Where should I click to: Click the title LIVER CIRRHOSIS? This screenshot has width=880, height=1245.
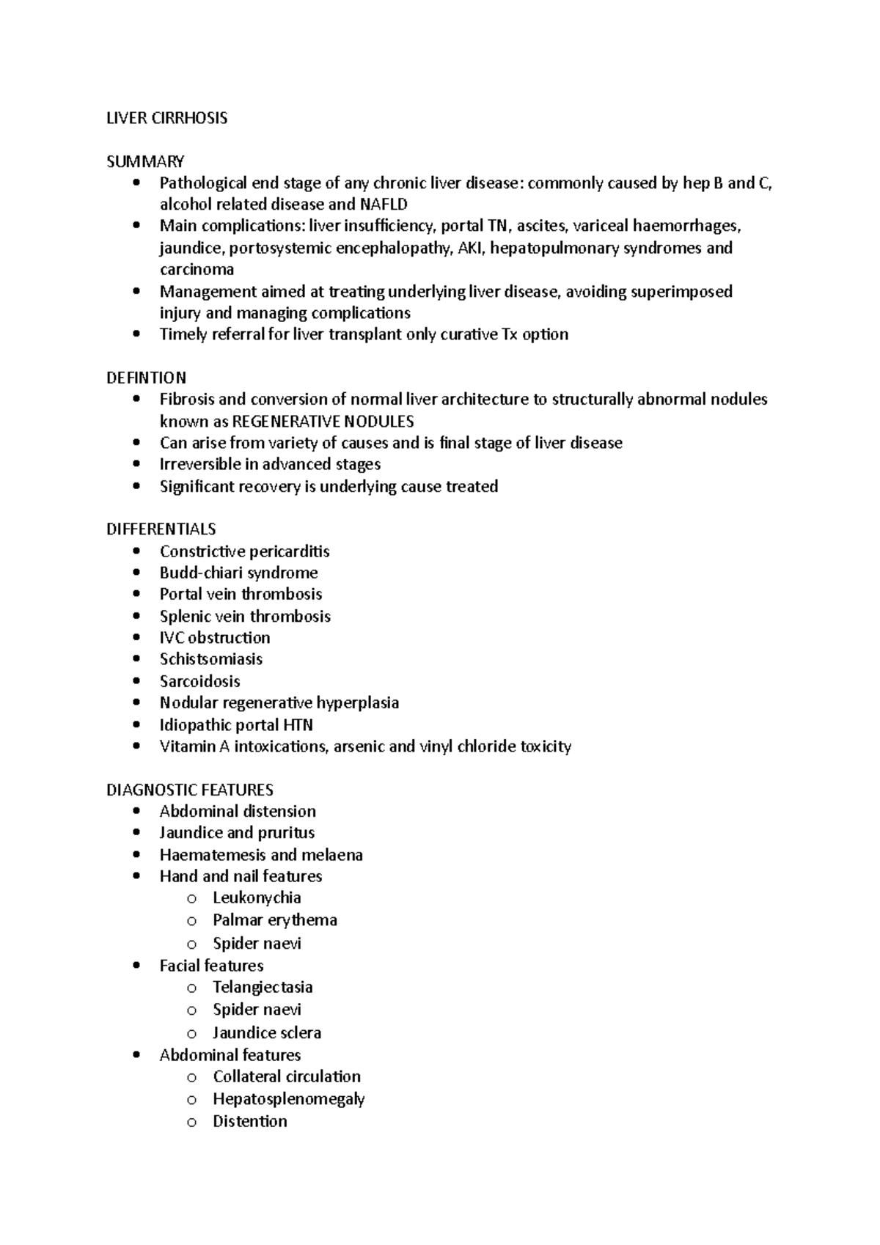(166, 118)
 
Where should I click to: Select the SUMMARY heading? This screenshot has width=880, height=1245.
(145, 161)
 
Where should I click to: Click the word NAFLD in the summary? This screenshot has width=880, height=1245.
(384, 205)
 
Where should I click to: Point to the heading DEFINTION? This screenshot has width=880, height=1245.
(146, 378)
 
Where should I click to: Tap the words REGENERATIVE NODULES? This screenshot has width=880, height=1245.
(323, 422)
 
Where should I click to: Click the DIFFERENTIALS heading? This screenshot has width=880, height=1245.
(161, 529)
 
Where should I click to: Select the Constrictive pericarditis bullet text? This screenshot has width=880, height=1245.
(244, 551)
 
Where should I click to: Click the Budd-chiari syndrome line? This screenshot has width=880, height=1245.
(238, 573)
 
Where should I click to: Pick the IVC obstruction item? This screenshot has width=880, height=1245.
(214, 638)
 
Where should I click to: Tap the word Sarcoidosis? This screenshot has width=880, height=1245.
(199, 681)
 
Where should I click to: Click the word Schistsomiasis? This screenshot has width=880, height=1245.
(210, 659)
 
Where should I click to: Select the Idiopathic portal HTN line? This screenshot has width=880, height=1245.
(236, 725)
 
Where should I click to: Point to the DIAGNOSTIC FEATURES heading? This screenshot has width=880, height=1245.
(189, 790)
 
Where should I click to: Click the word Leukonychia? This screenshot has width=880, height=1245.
(257, 898)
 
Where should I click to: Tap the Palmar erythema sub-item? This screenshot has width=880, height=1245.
(274, 920)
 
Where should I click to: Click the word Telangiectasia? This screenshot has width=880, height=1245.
(263, 988)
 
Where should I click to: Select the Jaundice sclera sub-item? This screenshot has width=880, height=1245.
(266, 1033)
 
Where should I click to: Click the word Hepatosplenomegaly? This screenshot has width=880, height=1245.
(288, 1099)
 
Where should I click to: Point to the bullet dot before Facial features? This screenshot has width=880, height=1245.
(136, 966)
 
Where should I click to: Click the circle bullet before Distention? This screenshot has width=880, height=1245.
(191, 1123)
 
